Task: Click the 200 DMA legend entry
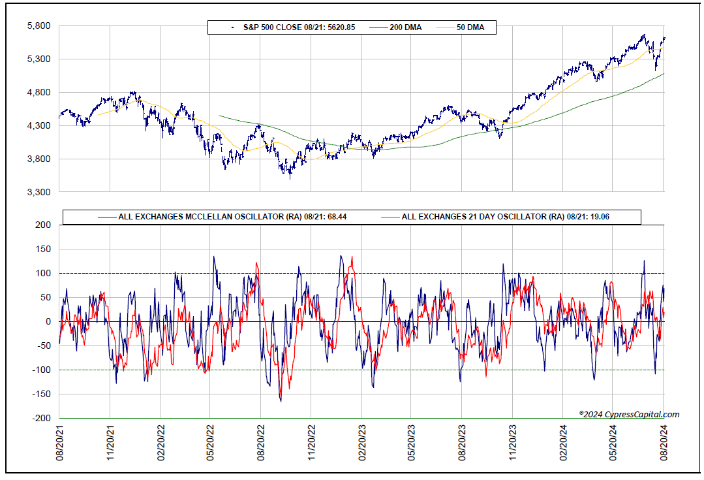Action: click(x=395, y=27)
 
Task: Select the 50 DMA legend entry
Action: click(x=460, y=27)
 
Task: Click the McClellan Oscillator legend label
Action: click(x=222, y=217)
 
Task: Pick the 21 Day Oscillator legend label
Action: click(x=495, y=217)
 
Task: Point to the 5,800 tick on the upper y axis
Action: click(x=39, y=26)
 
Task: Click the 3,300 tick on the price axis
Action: click(x=39, y=193)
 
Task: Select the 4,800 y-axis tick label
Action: click(x=39, y=93)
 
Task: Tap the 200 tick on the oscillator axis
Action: click(x=44, y=225)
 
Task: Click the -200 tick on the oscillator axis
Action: click(x=42, y=418)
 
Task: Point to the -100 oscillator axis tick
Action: click(x=42, y=370)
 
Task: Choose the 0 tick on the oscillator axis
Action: click(x=48, y=322)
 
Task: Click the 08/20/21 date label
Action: click(x=60, y=443)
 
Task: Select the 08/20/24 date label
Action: click(x=664, y=443)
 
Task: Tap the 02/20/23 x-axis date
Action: click(x=362, y=443)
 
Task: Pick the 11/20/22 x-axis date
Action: click(x=311, y=443)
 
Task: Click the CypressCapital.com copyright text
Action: click(x=629, y=415)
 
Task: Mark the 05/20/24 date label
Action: click(x=613, y=443)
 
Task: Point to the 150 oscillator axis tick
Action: click(x=44, y=249)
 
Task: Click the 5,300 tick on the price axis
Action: click(x=39, y=59)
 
